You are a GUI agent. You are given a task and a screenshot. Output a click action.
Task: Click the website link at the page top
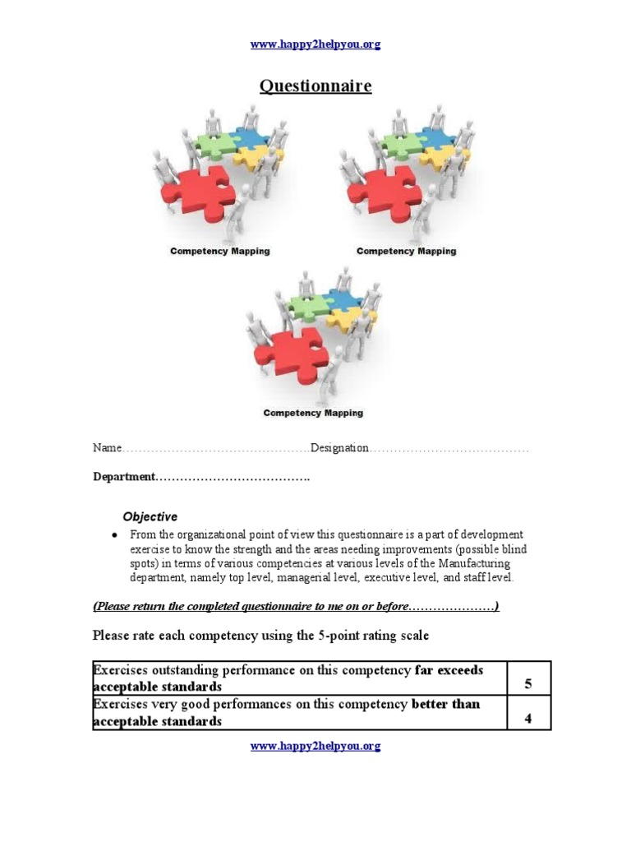click(315, 44)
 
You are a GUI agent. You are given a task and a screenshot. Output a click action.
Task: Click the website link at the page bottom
click(315, 746)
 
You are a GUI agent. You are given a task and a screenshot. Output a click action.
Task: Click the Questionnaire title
click(315, 86)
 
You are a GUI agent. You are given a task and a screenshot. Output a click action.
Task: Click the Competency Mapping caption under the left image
click(219, 251)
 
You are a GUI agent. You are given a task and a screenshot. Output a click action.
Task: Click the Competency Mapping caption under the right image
click(406, 251)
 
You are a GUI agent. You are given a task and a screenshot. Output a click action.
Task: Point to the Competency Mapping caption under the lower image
click(313, 413)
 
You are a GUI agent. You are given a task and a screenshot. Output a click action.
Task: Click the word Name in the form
click(107, 448)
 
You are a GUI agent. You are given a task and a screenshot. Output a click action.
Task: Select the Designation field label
click(339, 448)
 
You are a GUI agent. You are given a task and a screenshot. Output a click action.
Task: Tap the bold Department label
click(123, 477)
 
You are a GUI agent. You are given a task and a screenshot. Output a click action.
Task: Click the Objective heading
click(150, 516)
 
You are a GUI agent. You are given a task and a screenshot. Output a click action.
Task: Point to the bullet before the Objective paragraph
click(114, 535)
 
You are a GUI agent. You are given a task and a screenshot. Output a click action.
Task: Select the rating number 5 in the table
click(528, 684)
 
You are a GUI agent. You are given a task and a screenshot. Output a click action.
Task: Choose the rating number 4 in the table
click(528, 719)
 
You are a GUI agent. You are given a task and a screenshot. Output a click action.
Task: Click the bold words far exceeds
click(449, 670)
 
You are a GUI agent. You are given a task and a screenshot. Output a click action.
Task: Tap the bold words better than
click(445, 705)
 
